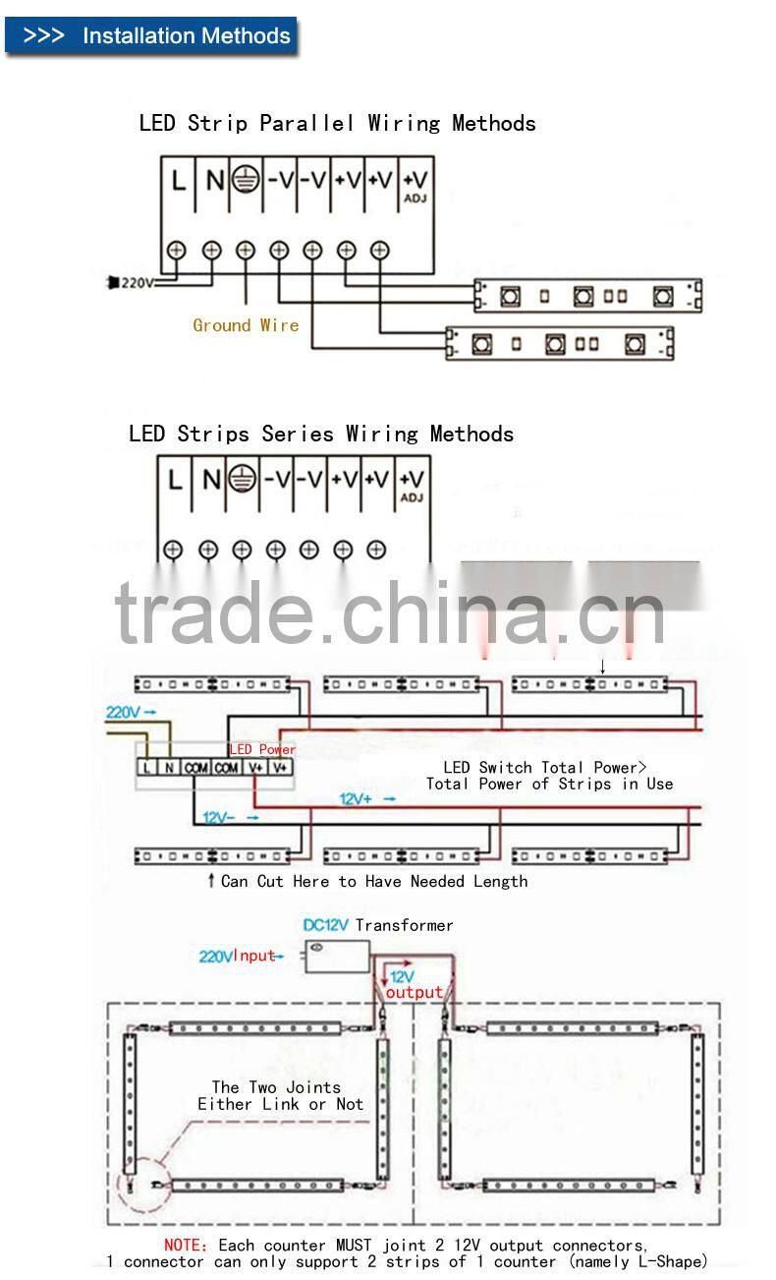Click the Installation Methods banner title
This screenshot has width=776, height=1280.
point(186,36)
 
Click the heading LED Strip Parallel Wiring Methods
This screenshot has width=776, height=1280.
point(337,123)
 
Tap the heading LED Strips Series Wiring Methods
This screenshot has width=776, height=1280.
point(320,434)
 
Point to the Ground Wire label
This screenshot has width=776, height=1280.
point(246,325)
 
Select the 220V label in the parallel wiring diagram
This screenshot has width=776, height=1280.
point(137,283)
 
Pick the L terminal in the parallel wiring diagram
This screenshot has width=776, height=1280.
point(179,180)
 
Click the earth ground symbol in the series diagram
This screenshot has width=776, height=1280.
point(242,480)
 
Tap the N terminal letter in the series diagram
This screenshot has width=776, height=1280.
point(210,480)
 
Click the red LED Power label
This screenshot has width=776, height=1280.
point(262,749)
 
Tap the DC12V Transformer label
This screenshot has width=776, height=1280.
point(378,925)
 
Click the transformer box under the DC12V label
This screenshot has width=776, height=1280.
point(337,956)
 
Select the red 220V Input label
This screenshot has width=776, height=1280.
point(239,956)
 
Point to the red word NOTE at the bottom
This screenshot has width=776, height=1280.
point(186,1246)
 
